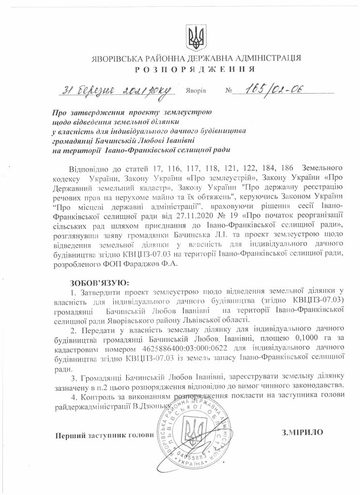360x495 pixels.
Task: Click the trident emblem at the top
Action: pyautogui.click(x=196, y=36)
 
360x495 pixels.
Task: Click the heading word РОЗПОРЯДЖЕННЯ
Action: pyautogui.click(x=196, y=69)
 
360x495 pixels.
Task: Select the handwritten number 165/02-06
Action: pyautogui.click(x=273, y=89)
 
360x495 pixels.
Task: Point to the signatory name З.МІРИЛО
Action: pyautogui.click(x=301, y=432)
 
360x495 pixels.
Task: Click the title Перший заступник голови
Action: pyautogui.click(x=105, y=435)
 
